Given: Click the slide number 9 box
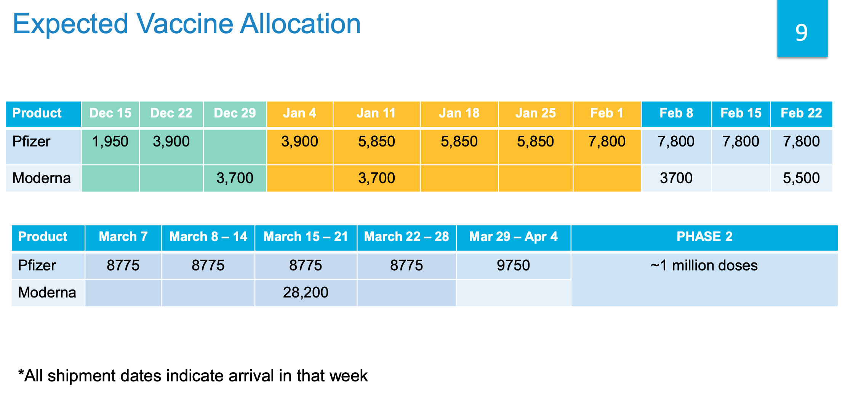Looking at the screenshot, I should (x=802, y=30).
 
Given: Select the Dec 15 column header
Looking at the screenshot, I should (x=110, y=113).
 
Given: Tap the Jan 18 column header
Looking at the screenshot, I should (x=459, y=113).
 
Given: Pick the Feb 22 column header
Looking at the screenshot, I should (x=801, y=113).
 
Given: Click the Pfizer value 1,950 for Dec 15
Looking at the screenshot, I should (x=110, y=142).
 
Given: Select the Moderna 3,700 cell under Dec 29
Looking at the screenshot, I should (x=235, y=178).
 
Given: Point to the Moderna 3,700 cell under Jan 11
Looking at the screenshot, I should (x=376, y=178).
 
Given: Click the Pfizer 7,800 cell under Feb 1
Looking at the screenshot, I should (x=607, y=142).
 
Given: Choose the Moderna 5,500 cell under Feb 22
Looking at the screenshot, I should (x=801, y=178).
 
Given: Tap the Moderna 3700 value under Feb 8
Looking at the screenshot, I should (x=676, y=178).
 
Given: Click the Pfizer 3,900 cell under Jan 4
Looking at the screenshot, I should (x=299, y=142).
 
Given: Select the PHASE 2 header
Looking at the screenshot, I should (x=704, y=237).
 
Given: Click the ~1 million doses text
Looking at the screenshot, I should (x=704, y=265).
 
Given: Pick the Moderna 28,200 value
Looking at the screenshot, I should (x=306, y=293).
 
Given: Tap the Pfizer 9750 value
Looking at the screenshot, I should (x=513, y=265).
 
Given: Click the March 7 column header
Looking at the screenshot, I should (x=123, y=237).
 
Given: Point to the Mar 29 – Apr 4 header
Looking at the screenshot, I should (x=513, y=237).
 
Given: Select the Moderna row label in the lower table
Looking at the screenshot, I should (x=47, y=293).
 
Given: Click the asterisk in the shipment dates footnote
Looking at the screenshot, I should (x=21, y=372).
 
